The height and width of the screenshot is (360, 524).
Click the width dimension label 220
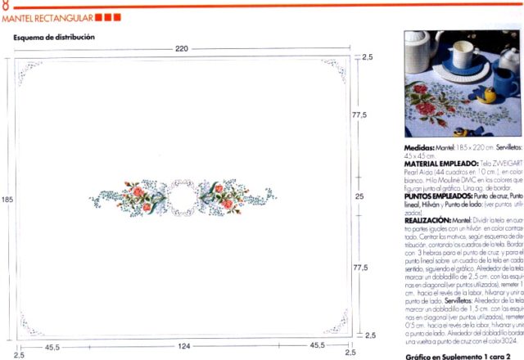click(182, 49)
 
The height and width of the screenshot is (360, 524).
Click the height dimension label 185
click(7, 199)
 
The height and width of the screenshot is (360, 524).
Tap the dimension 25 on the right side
click(359, 197)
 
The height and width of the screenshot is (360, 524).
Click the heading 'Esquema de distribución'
click(53, 38)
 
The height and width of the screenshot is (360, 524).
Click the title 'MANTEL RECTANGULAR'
click(46, 17)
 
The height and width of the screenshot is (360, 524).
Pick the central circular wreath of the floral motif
click(182, 197)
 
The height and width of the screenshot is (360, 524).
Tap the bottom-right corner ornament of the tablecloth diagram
click(333, 325)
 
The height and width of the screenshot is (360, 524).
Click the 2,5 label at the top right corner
click(367, 57)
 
